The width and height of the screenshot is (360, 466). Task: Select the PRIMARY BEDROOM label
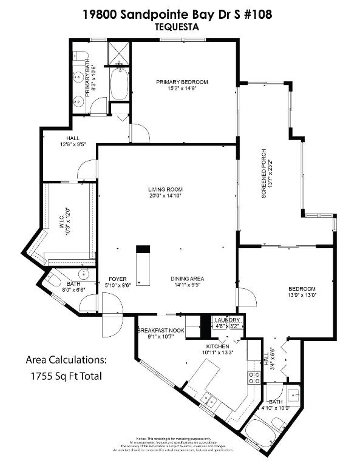(x=182, y=82)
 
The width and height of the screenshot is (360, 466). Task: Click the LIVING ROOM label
(x=165, y=189)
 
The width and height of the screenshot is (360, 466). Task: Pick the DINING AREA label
(x=187, y=279)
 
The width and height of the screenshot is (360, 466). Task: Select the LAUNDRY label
(x=228, y=320)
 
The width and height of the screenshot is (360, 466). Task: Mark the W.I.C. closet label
(x=61, y=223)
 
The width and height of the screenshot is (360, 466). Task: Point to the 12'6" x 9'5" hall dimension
(x=73, y=145)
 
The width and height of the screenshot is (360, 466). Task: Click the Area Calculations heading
(x=66, y=360)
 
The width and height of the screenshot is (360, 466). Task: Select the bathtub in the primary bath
(x=120, y=85)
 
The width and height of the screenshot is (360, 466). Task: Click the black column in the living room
(x=143, y=249)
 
